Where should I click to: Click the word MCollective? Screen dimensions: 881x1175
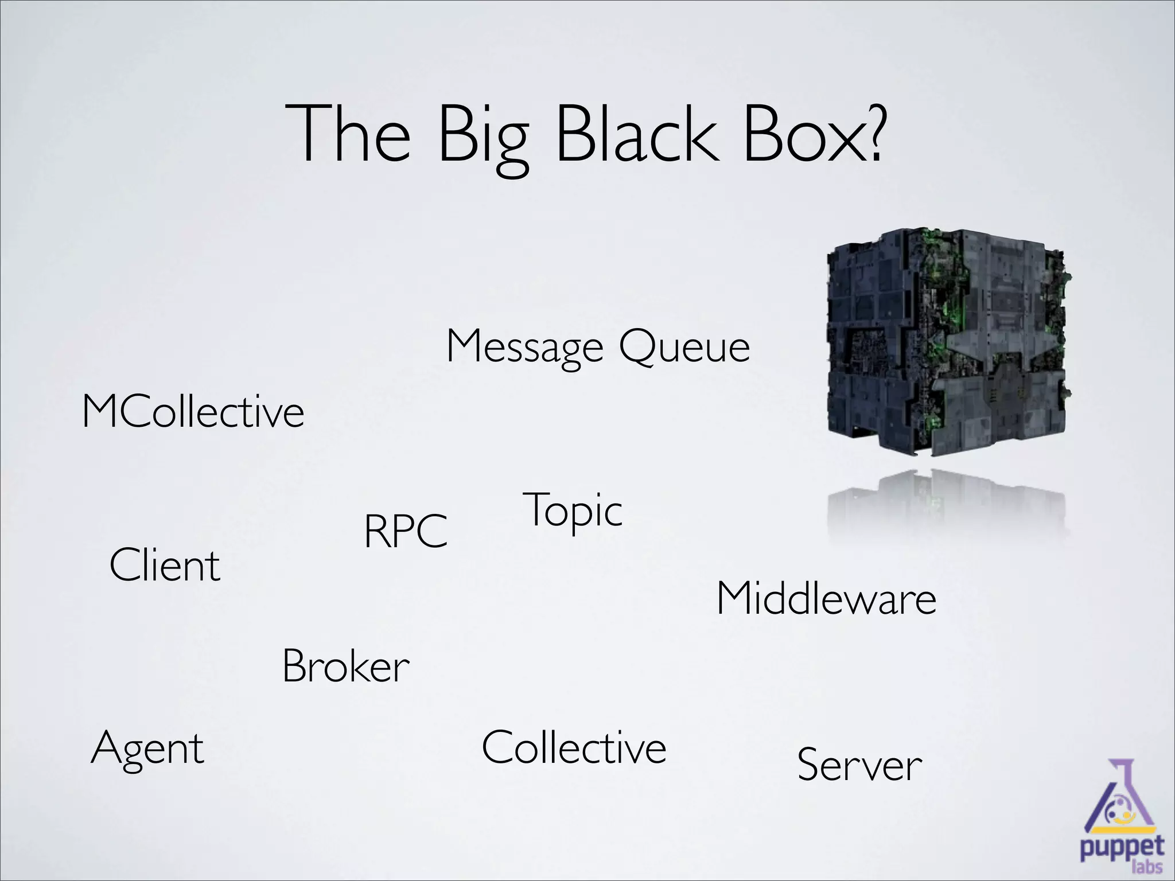(x=193, y=411)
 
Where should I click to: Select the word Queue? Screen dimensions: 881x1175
(x=684, y=346)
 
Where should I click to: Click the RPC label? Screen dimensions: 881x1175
(x=406, y=531)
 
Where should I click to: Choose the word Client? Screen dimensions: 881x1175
(x=165, y=565)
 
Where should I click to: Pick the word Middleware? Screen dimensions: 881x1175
(x=826, y=599)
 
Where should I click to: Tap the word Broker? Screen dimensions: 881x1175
(x=346, y=666)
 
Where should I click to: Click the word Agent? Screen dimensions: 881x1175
(x=147, y=748)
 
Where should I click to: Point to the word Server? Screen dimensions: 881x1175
(x=859, y=765)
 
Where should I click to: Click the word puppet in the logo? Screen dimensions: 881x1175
(x=1122, y=847)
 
